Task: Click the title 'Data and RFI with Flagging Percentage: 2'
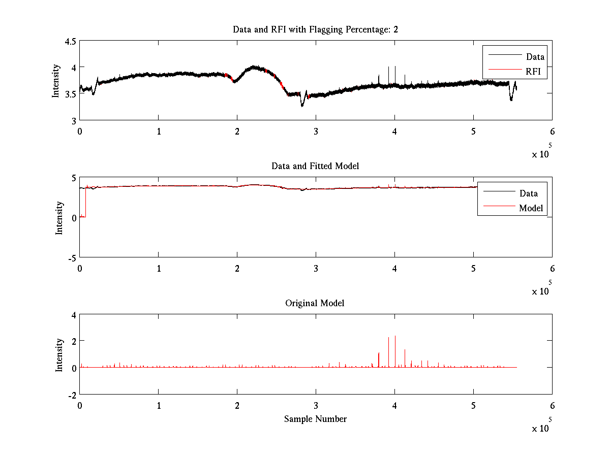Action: coord(315,29)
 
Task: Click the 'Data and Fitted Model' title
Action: coord(315,166)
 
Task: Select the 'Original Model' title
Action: coord(315,303)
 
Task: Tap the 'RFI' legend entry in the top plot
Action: coord(533,72)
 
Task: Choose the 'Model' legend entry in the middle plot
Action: coord(531,208)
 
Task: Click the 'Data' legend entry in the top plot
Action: coord(535,56)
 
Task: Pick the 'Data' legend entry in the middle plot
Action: coord(529,193)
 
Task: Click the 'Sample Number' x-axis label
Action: coord(315,419)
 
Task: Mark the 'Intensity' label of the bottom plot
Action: coord(59,354)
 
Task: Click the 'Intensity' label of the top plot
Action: coord(56,80)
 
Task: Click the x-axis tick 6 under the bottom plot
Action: coord(552,406)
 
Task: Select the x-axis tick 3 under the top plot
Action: coord(316,132)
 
